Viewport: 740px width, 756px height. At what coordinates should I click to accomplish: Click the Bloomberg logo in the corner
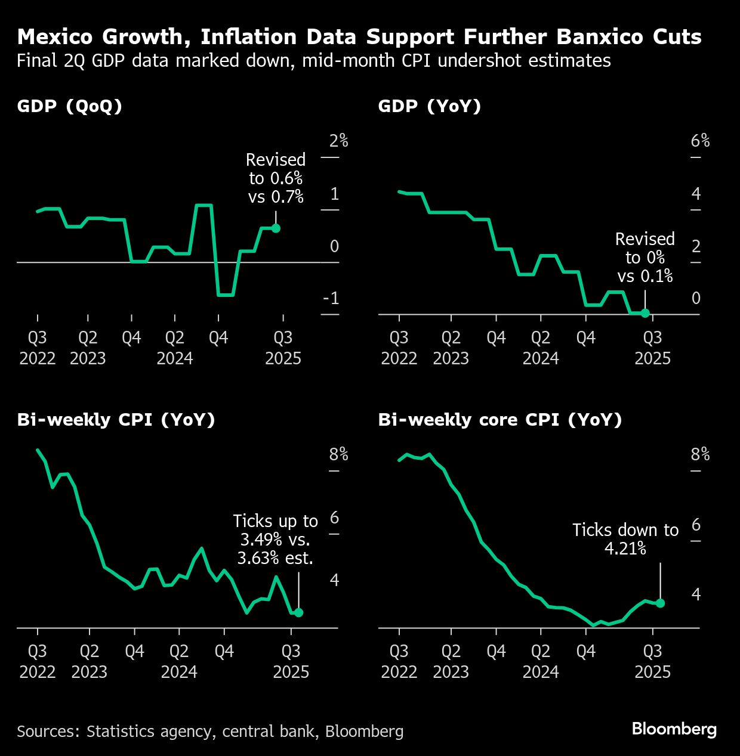674,729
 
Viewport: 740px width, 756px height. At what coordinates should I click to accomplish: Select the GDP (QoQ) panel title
70,106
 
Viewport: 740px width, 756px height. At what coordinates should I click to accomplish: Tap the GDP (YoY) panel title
430,106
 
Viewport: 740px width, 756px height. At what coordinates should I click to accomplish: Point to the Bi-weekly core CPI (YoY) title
500,420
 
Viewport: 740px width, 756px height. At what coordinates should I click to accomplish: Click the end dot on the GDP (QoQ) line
276,228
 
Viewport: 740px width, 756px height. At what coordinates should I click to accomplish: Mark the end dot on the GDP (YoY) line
645,313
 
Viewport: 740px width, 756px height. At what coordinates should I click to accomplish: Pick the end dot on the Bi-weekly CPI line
298,612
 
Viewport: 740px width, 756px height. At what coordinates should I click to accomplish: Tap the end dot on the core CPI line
660,603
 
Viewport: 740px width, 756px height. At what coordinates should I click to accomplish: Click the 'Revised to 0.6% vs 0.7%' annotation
276,178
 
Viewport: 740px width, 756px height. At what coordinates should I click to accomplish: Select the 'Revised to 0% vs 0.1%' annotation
645,258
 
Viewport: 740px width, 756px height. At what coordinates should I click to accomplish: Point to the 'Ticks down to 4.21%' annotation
625,539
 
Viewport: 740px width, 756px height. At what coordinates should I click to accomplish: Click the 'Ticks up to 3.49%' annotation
275,540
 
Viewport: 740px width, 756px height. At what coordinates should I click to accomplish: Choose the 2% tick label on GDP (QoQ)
338,141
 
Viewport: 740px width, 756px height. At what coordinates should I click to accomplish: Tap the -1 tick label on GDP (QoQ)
331,298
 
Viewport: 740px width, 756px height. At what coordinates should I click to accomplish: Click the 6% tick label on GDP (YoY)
700,141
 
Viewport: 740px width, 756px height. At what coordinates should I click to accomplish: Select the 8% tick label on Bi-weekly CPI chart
338,454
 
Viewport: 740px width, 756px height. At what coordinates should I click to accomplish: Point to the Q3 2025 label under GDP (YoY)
652,348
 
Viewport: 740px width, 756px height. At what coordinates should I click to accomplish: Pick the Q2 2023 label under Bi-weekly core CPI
451,662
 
